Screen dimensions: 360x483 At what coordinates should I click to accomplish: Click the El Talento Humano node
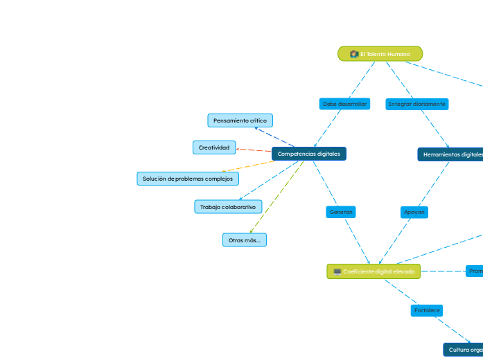click(x=380, y=54)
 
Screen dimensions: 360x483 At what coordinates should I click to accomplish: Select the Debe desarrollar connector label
click(x=344, y=104)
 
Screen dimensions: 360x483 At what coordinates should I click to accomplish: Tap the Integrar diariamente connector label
click(x=417, y=104)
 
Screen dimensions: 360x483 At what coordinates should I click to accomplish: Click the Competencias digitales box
click(x=309, y=154)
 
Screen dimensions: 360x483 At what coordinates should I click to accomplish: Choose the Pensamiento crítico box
click(x=240, y=120)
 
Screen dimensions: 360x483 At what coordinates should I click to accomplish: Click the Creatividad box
click(x=213, y=147)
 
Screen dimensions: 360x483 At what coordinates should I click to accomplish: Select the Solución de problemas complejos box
click(x=188, y=179)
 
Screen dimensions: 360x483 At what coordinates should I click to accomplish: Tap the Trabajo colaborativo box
click(x=228, y=207)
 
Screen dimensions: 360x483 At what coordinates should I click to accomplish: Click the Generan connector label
click(x=341, y=212)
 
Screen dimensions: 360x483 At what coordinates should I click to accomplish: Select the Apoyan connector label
click(x=414, y=212)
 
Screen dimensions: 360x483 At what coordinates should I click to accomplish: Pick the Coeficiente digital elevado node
click(x=374, y=271)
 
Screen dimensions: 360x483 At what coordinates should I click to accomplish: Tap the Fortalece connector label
click(x=426, y=310)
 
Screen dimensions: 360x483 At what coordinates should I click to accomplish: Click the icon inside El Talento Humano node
click(x=353, y=54)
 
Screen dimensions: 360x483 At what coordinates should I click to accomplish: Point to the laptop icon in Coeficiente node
click(x=337, y=271)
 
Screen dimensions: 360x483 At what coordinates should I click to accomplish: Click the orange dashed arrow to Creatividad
click(x=254, y=150)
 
